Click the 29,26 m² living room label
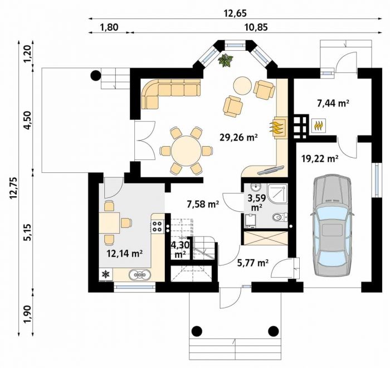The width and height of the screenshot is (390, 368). click(238, 137)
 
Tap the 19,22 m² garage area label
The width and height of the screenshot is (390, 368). click(320, 158)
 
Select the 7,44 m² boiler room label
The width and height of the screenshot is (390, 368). click(332, 103)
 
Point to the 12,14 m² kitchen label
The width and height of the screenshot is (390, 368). click(124, 254)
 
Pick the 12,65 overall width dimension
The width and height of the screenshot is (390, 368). click(235, 13)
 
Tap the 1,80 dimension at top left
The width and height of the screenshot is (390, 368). click(109, 27)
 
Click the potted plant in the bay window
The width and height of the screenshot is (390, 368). click(226, 60)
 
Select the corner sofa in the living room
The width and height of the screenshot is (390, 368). click(171, 94)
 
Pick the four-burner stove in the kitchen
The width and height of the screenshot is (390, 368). click(157, 226)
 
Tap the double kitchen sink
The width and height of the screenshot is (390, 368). click(140, 274)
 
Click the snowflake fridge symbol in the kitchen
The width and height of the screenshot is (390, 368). click(106, 274)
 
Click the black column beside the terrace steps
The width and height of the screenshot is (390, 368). click(95, 75)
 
